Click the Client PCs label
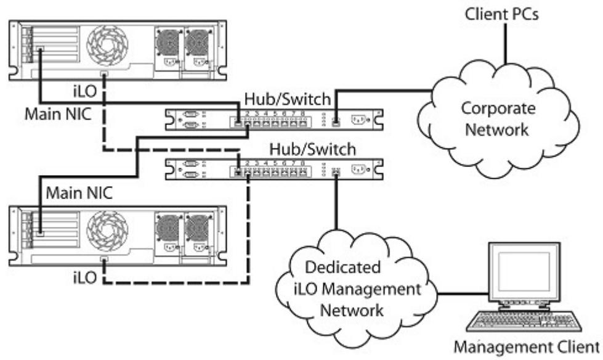pyautogui.click(x=501, y=14)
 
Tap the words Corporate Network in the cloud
pyautogui.click(x=498, y=118)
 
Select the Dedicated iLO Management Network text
pyautogui.click(x=357, y=288)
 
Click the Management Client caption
pyautogui.click(x=527, y=347)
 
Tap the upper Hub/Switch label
pyautogui.click(x=287, y=99)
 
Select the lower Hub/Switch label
pyautogui.click(x=312, y=149)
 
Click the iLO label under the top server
pyautogui.click(x=84, y=91)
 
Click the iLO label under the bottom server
pyautogui.click(x=84, y=277)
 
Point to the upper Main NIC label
pyautogui.click(x=58, y=114)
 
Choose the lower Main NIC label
pyautogui.click(x=79, y=192)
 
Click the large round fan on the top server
pyautogui.click(x=107, y=45)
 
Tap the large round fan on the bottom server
pyautogui.click(x=107, y=231)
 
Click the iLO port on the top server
pyautogui.click(x=104, y=74)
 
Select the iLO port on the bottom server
pyautogui.click(x=104, y=259)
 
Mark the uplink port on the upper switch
pyautogui.click(x=336, y=123)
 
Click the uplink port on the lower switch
pyautogui.click(x=336, y=172)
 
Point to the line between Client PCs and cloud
pyautogui.click(x=505, y=44)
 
